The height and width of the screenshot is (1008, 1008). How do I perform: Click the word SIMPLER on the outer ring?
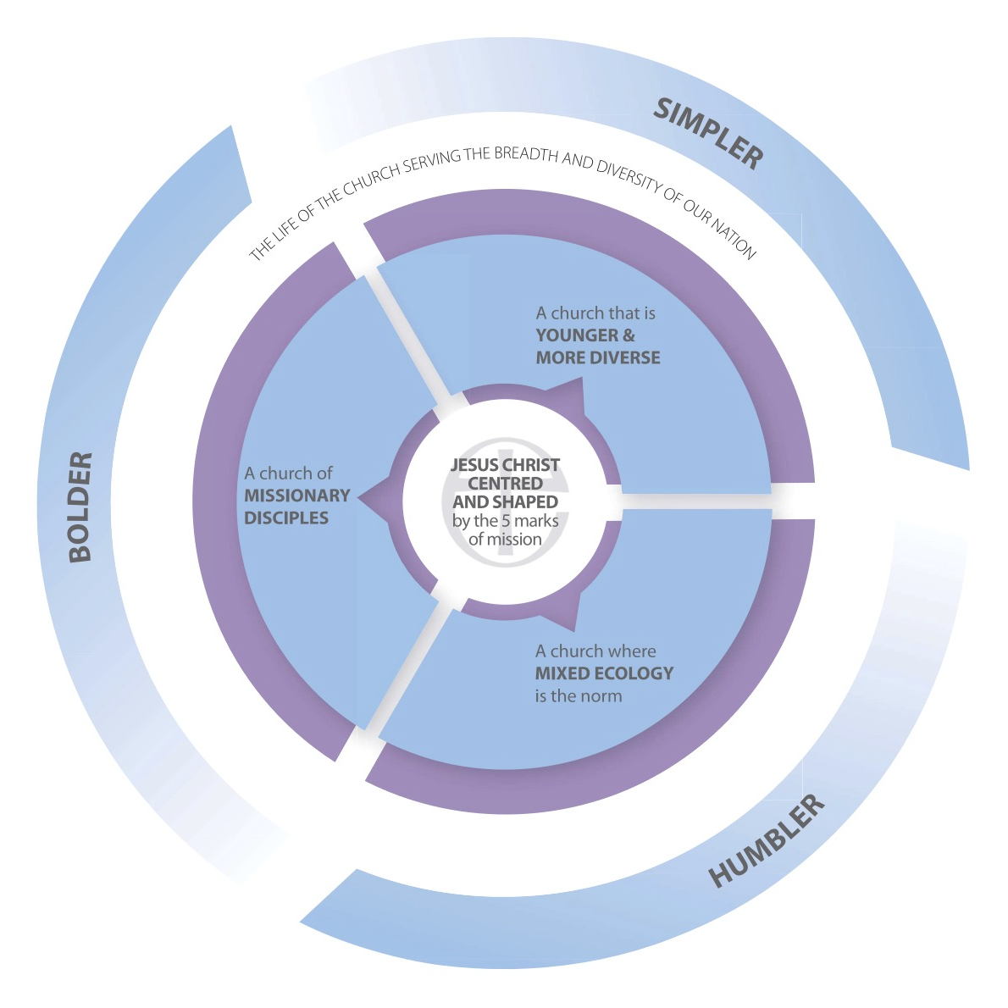click(709, 133)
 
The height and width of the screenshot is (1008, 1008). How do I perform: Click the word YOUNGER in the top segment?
click(577, 335)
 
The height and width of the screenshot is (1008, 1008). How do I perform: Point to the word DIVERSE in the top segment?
click(629, 357)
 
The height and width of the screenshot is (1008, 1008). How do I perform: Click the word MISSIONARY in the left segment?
click(296, 496)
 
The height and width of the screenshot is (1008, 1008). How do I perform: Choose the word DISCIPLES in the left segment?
click(286, 518)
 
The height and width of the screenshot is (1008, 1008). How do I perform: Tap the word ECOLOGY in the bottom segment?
click(633, 673)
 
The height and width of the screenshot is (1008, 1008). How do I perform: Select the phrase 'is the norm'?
click(578, 696)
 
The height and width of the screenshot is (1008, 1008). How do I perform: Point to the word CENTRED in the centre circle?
click(505, 484)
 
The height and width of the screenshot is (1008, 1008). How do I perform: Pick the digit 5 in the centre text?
click(507, 521)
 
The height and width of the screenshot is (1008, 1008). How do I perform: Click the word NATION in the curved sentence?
click(732, 235)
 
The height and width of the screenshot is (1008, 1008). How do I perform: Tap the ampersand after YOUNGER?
click(629, 335)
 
